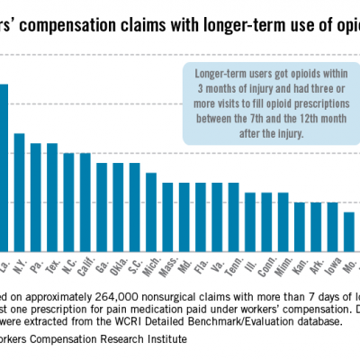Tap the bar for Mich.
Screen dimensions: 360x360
coord(151,211)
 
